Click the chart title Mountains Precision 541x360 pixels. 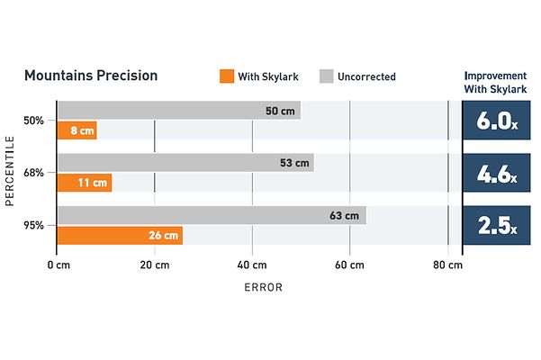click(90, 76)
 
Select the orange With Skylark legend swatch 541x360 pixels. click(226, 76)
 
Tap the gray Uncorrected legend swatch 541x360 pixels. click(327, 76)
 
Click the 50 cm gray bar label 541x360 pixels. click(279, 111)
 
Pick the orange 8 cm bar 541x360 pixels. click(77, 130)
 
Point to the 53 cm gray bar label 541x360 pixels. click(294, 163)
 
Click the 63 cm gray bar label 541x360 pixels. click(344, 215)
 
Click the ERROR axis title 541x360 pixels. click(264, 288)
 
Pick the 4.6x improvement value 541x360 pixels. click(495, 174)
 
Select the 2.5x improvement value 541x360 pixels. click(495, 225)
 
